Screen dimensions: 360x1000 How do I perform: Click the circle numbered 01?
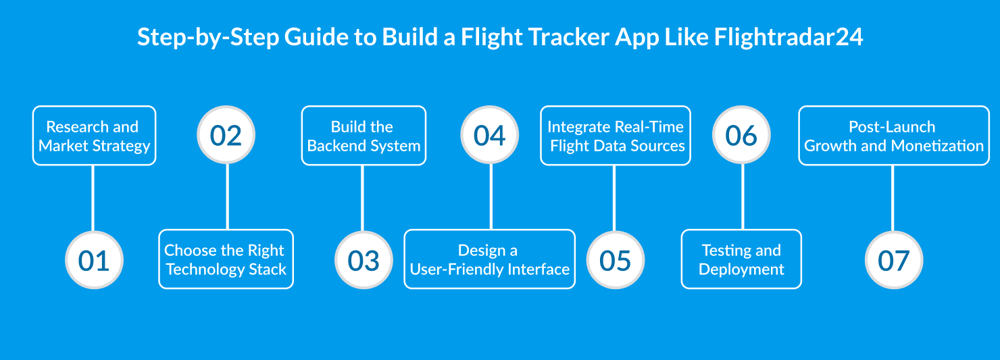point(94,260)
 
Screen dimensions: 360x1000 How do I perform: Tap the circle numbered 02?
point(226,135)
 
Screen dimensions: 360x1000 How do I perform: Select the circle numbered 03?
point(364,260)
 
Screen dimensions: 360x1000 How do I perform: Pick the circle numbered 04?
point(490,135)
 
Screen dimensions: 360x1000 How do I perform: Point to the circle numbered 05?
point(614,260)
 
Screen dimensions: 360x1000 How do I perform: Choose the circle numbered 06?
point(742,135)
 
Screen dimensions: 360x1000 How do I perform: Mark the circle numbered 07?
point(893,260)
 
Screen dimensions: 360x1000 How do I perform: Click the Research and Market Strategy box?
point(94,136)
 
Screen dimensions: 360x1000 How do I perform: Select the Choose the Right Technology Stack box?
point(226,259)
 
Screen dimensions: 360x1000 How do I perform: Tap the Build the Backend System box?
point(364,136)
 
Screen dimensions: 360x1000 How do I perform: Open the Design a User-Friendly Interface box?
point(490,259)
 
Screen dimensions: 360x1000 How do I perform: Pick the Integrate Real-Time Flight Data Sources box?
point(616,136)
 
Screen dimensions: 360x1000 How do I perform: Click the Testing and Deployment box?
point(741,259)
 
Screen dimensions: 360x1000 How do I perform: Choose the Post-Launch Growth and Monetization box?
point(894,136)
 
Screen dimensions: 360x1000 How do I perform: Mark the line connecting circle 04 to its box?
point(491,197)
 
